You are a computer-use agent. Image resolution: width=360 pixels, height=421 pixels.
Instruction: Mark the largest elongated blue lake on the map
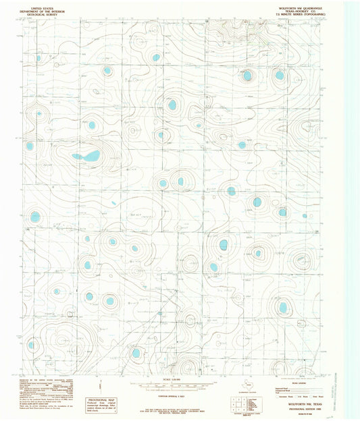[x=86, y=157]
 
